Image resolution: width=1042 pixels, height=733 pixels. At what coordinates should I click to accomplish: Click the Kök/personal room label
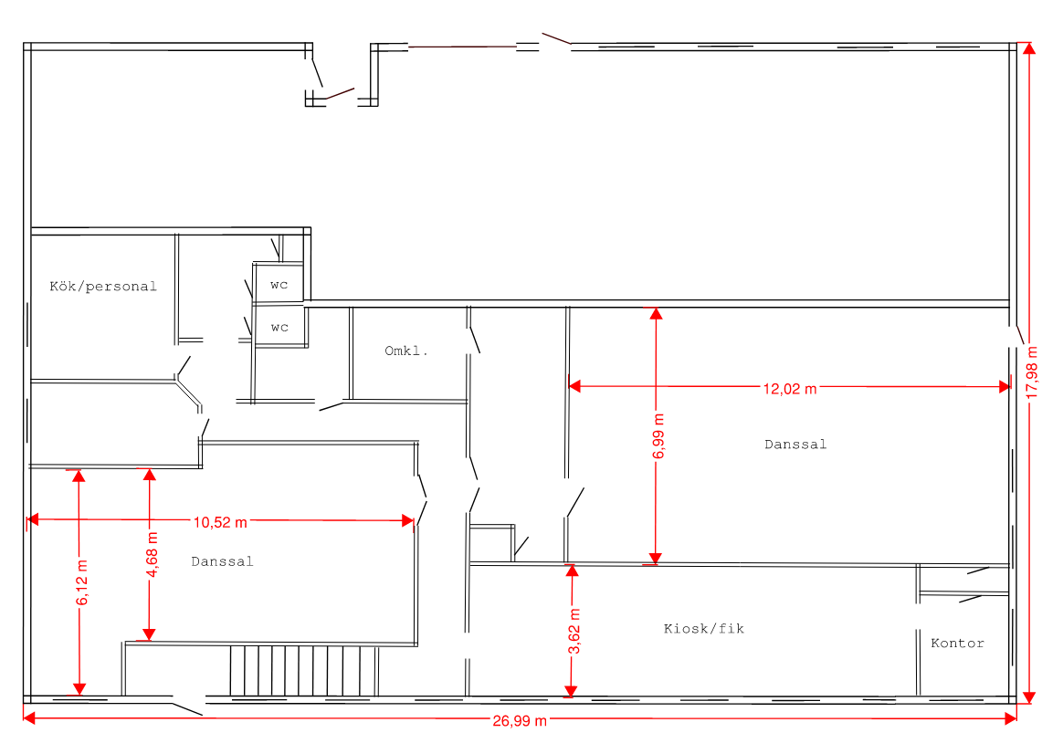click(103, 286)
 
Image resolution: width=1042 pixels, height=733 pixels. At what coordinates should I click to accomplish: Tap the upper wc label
click(279, 285)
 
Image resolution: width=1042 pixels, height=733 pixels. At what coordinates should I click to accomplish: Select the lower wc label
click(279, 328)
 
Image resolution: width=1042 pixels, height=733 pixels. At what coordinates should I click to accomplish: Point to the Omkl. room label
click(406, 351)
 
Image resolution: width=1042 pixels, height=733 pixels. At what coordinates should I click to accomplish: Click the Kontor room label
click(958, 643)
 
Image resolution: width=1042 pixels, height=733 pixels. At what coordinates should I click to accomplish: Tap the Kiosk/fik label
click(704, 628)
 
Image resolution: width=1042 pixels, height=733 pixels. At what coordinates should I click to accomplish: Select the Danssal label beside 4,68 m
click(222, 561)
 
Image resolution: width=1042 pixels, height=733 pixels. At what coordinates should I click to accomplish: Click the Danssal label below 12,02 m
click(795, 445)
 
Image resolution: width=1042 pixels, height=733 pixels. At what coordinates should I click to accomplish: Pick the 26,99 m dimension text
click(520, 721)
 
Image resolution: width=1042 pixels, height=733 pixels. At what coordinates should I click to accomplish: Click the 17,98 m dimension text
click(1031, 372)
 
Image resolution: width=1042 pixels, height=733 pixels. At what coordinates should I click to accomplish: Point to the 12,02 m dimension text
click(789, 389)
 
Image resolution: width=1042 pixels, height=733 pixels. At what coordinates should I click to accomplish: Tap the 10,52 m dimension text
click(220, 522)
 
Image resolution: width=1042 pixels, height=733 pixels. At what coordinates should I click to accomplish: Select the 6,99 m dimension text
click(658, 436)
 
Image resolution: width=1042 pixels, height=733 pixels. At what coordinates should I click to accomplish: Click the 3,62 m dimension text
click(574, 632)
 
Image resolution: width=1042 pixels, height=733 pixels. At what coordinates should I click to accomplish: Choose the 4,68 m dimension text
click(152, 554)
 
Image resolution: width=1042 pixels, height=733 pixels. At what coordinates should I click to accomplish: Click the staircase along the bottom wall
click(304, 671)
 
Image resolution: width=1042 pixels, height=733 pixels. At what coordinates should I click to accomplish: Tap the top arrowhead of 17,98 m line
click(1028, 49)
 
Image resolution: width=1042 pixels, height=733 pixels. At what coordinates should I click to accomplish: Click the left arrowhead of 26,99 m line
click(30, 717)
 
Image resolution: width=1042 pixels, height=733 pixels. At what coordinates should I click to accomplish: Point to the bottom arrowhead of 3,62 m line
click(570, 691)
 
